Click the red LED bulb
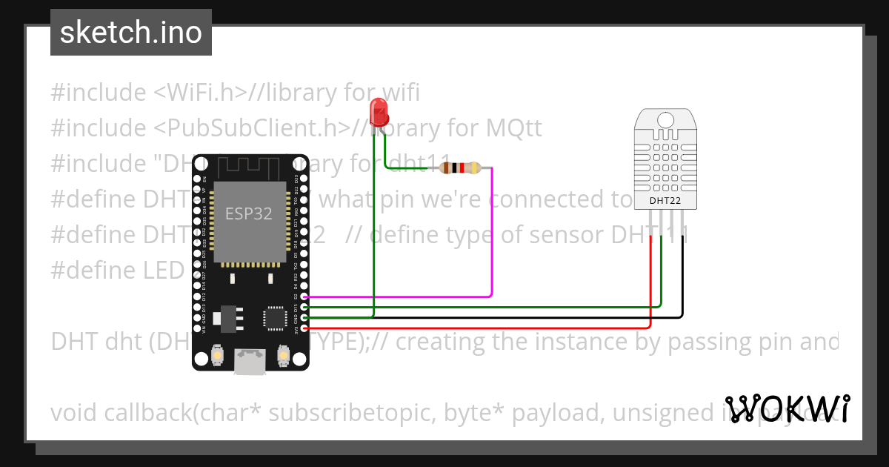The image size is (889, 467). point(379,113)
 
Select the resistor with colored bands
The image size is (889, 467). point(460,168)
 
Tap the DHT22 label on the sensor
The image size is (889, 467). point(665,200)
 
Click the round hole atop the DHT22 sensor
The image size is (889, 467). point(665,119)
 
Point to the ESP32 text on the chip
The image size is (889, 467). point(248,214)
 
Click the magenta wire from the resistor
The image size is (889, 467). point(492,237)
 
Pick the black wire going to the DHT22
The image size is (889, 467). point(682,282)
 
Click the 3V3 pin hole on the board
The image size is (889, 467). point(304,327)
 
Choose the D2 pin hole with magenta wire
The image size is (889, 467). point(304,296)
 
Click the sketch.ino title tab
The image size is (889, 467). point(131,33)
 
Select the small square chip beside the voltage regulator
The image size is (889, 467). point(275,318)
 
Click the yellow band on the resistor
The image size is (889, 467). point(473,168)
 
